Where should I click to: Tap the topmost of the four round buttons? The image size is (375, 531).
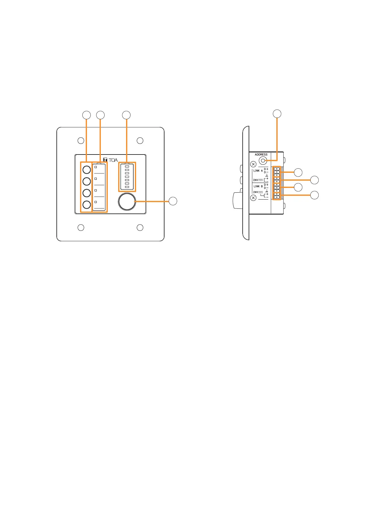(x=87, y=170)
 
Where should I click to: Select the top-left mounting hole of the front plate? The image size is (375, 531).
(x=81, y=140)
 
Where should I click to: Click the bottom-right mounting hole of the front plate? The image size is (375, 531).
(x=140, y=227)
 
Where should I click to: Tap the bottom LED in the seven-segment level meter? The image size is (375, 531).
(x=127, y=187)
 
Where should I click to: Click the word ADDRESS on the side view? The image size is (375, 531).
(x=261, y=155)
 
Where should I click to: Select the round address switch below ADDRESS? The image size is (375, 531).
(x=262, y=160)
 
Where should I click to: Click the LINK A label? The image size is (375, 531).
(x=258, y=171)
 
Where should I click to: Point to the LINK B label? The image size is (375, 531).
(x=258, y=186)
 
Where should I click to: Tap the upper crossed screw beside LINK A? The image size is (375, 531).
(x=253, y=164)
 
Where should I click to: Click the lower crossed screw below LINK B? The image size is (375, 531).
(x=253, y=198)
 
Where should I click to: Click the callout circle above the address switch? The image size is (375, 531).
(x=277, y=114)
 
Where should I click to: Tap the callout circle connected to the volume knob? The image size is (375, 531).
(x=173, y=201)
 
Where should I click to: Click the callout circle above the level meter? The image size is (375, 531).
(x=126, y=115)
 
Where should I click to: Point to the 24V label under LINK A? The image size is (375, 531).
(x=256, y=180)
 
